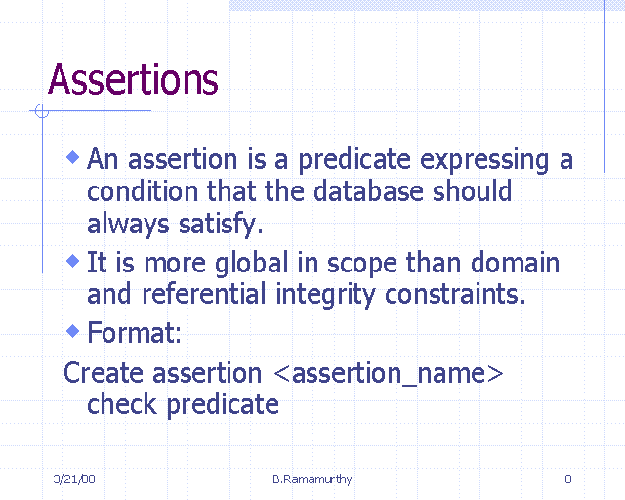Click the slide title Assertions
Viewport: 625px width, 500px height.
[133, 80]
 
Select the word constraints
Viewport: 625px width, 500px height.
[457, 294]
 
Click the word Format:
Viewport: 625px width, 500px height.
[134, 334]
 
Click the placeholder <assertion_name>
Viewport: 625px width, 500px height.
[383, 374]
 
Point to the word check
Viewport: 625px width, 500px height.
[120, 404]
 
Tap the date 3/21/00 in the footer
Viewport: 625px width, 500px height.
[73, 479]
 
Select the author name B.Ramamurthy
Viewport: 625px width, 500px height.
[312, 479]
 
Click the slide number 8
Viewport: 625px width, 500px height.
[567, 479]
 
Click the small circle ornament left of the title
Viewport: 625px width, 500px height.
[41, 111]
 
